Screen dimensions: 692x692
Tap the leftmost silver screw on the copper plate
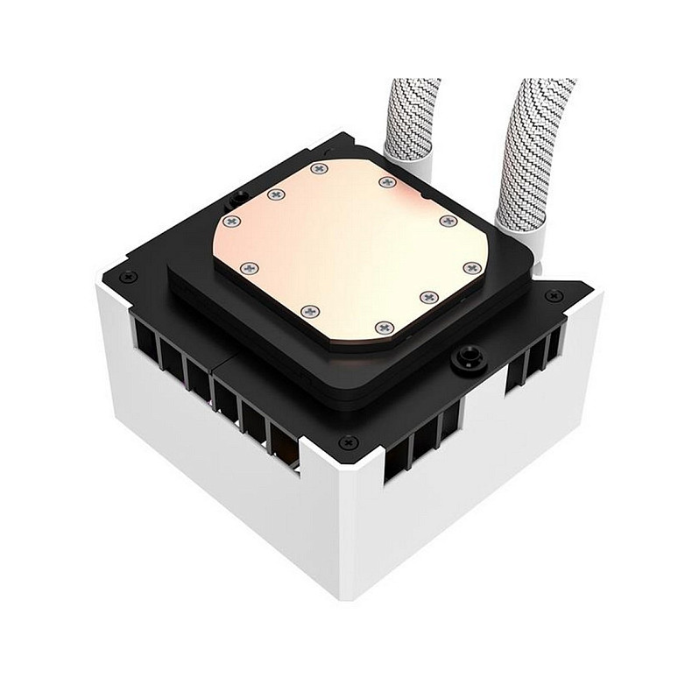232,222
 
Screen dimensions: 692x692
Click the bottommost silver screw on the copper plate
383,327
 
